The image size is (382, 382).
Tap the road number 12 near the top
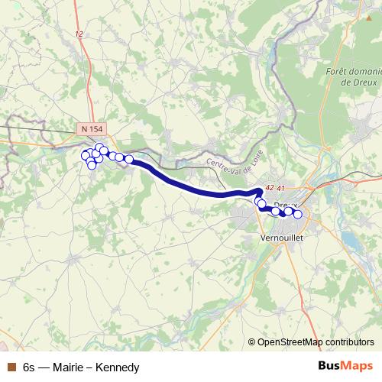[x=79, y=34]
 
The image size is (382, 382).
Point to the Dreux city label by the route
[x=284, y=206]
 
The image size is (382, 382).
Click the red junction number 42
[x=267, y=188]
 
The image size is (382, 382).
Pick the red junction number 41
[x=280, y=188]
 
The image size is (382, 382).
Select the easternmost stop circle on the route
[x=297, y=215]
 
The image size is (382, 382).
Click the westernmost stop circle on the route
[x=86, y=154]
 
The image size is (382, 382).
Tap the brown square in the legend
[x=10, y=367]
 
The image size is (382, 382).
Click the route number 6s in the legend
[x=29, y=367]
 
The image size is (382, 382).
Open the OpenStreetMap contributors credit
[x=315, y=342]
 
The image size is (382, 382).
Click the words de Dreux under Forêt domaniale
[x=357, y=82]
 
